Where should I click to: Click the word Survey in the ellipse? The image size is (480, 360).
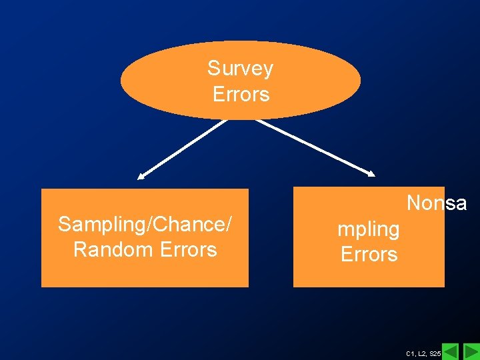click(240, 69)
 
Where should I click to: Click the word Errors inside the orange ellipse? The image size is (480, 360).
click(241, 94)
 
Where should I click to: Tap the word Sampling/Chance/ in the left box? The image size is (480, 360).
click(145, 225)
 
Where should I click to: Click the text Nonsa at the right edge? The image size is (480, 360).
click(436, 203)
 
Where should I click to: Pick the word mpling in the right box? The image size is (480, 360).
click(369, 230)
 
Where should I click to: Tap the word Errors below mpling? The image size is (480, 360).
click(369, 254)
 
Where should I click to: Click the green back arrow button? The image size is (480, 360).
click(451, 351)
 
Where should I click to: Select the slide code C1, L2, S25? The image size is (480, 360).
click(423, 353)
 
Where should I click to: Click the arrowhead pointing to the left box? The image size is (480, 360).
click(141, 177)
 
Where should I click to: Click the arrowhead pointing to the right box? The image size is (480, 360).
click(371, 173)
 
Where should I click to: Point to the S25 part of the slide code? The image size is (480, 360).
click(435, 353)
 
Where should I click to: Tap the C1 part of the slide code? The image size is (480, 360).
click(409, 353)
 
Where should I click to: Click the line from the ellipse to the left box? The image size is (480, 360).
click(183, 148)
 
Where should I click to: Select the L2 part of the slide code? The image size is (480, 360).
click(421, 353)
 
